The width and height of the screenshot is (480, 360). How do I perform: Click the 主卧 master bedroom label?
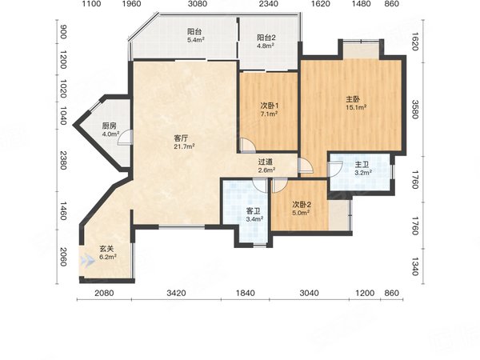pos(353,99)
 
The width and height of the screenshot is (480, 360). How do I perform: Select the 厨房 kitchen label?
pos(110,126)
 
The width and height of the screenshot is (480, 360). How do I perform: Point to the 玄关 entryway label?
pos(106,250)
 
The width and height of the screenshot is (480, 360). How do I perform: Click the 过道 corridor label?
pos(266,162)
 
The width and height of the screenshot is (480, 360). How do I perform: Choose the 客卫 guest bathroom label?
pos(254,211)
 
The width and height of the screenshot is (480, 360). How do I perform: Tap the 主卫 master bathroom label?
pos(362,165)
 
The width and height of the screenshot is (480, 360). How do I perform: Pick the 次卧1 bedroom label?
pos(270,106)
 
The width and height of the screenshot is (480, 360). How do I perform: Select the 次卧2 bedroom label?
pos(302,205)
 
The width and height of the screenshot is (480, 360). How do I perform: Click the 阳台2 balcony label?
pos(266,38)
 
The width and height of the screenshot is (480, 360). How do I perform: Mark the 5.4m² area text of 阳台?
pos(196,39)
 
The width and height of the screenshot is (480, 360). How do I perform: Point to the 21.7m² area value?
pos(185,146)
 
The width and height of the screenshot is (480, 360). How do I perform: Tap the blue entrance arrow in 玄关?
pos(88,260)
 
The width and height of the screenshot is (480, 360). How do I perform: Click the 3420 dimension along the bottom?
pos(176,293)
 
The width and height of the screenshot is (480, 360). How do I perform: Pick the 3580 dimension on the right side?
pos(415,110)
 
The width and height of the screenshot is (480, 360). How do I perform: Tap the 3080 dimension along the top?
pos(198,4)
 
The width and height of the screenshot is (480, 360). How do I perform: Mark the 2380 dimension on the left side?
pos(62,160)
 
